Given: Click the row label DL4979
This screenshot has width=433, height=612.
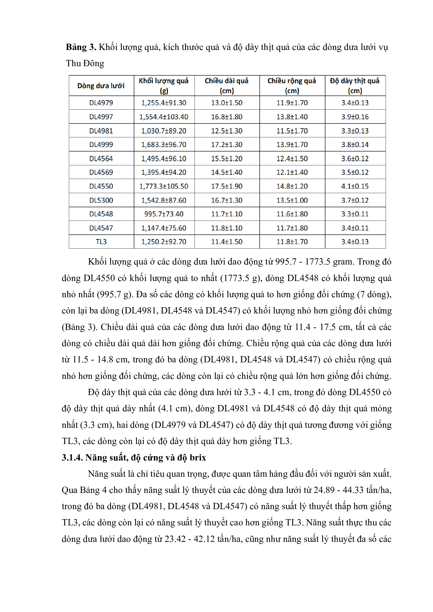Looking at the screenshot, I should click(101, 103).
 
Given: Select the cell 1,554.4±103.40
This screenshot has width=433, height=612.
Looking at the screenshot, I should click(164, 117).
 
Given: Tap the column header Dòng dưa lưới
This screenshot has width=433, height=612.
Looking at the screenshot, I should click(101, 86).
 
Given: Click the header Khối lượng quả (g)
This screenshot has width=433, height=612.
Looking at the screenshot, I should click(164, 86).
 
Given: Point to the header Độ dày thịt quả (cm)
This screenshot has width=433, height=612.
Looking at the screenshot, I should click(355, 86).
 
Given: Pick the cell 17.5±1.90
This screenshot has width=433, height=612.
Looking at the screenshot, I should click(227, 186).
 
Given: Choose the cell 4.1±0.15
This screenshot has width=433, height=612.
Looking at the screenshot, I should click(355, 186).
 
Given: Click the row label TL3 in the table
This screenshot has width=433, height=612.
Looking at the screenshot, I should click(101, 242).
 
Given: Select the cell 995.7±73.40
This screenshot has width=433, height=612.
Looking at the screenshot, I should click(164, 214).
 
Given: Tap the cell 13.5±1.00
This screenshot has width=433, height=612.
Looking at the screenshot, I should click(292, 200).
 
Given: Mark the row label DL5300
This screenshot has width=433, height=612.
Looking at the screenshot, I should click(101, 200).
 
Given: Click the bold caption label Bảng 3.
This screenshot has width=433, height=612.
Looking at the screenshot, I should click(81, 47).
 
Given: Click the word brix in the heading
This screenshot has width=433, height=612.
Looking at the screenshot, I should click(198, 458).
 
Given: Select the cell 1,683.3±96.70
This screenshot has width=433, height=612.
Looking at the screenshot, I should click(164, 145).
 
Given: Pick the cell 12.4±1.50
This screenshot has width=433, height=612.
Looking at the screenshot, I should click(292, 159).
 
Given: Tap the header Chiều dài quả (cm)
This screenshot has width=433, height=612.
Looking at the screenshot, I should click(227, 86).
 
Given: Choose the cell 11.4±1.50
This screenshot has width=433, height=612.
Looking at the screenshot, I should click(227, 242).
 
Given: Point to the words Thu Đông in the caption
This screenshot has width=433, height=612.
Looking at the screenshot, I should click(85, 63).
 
